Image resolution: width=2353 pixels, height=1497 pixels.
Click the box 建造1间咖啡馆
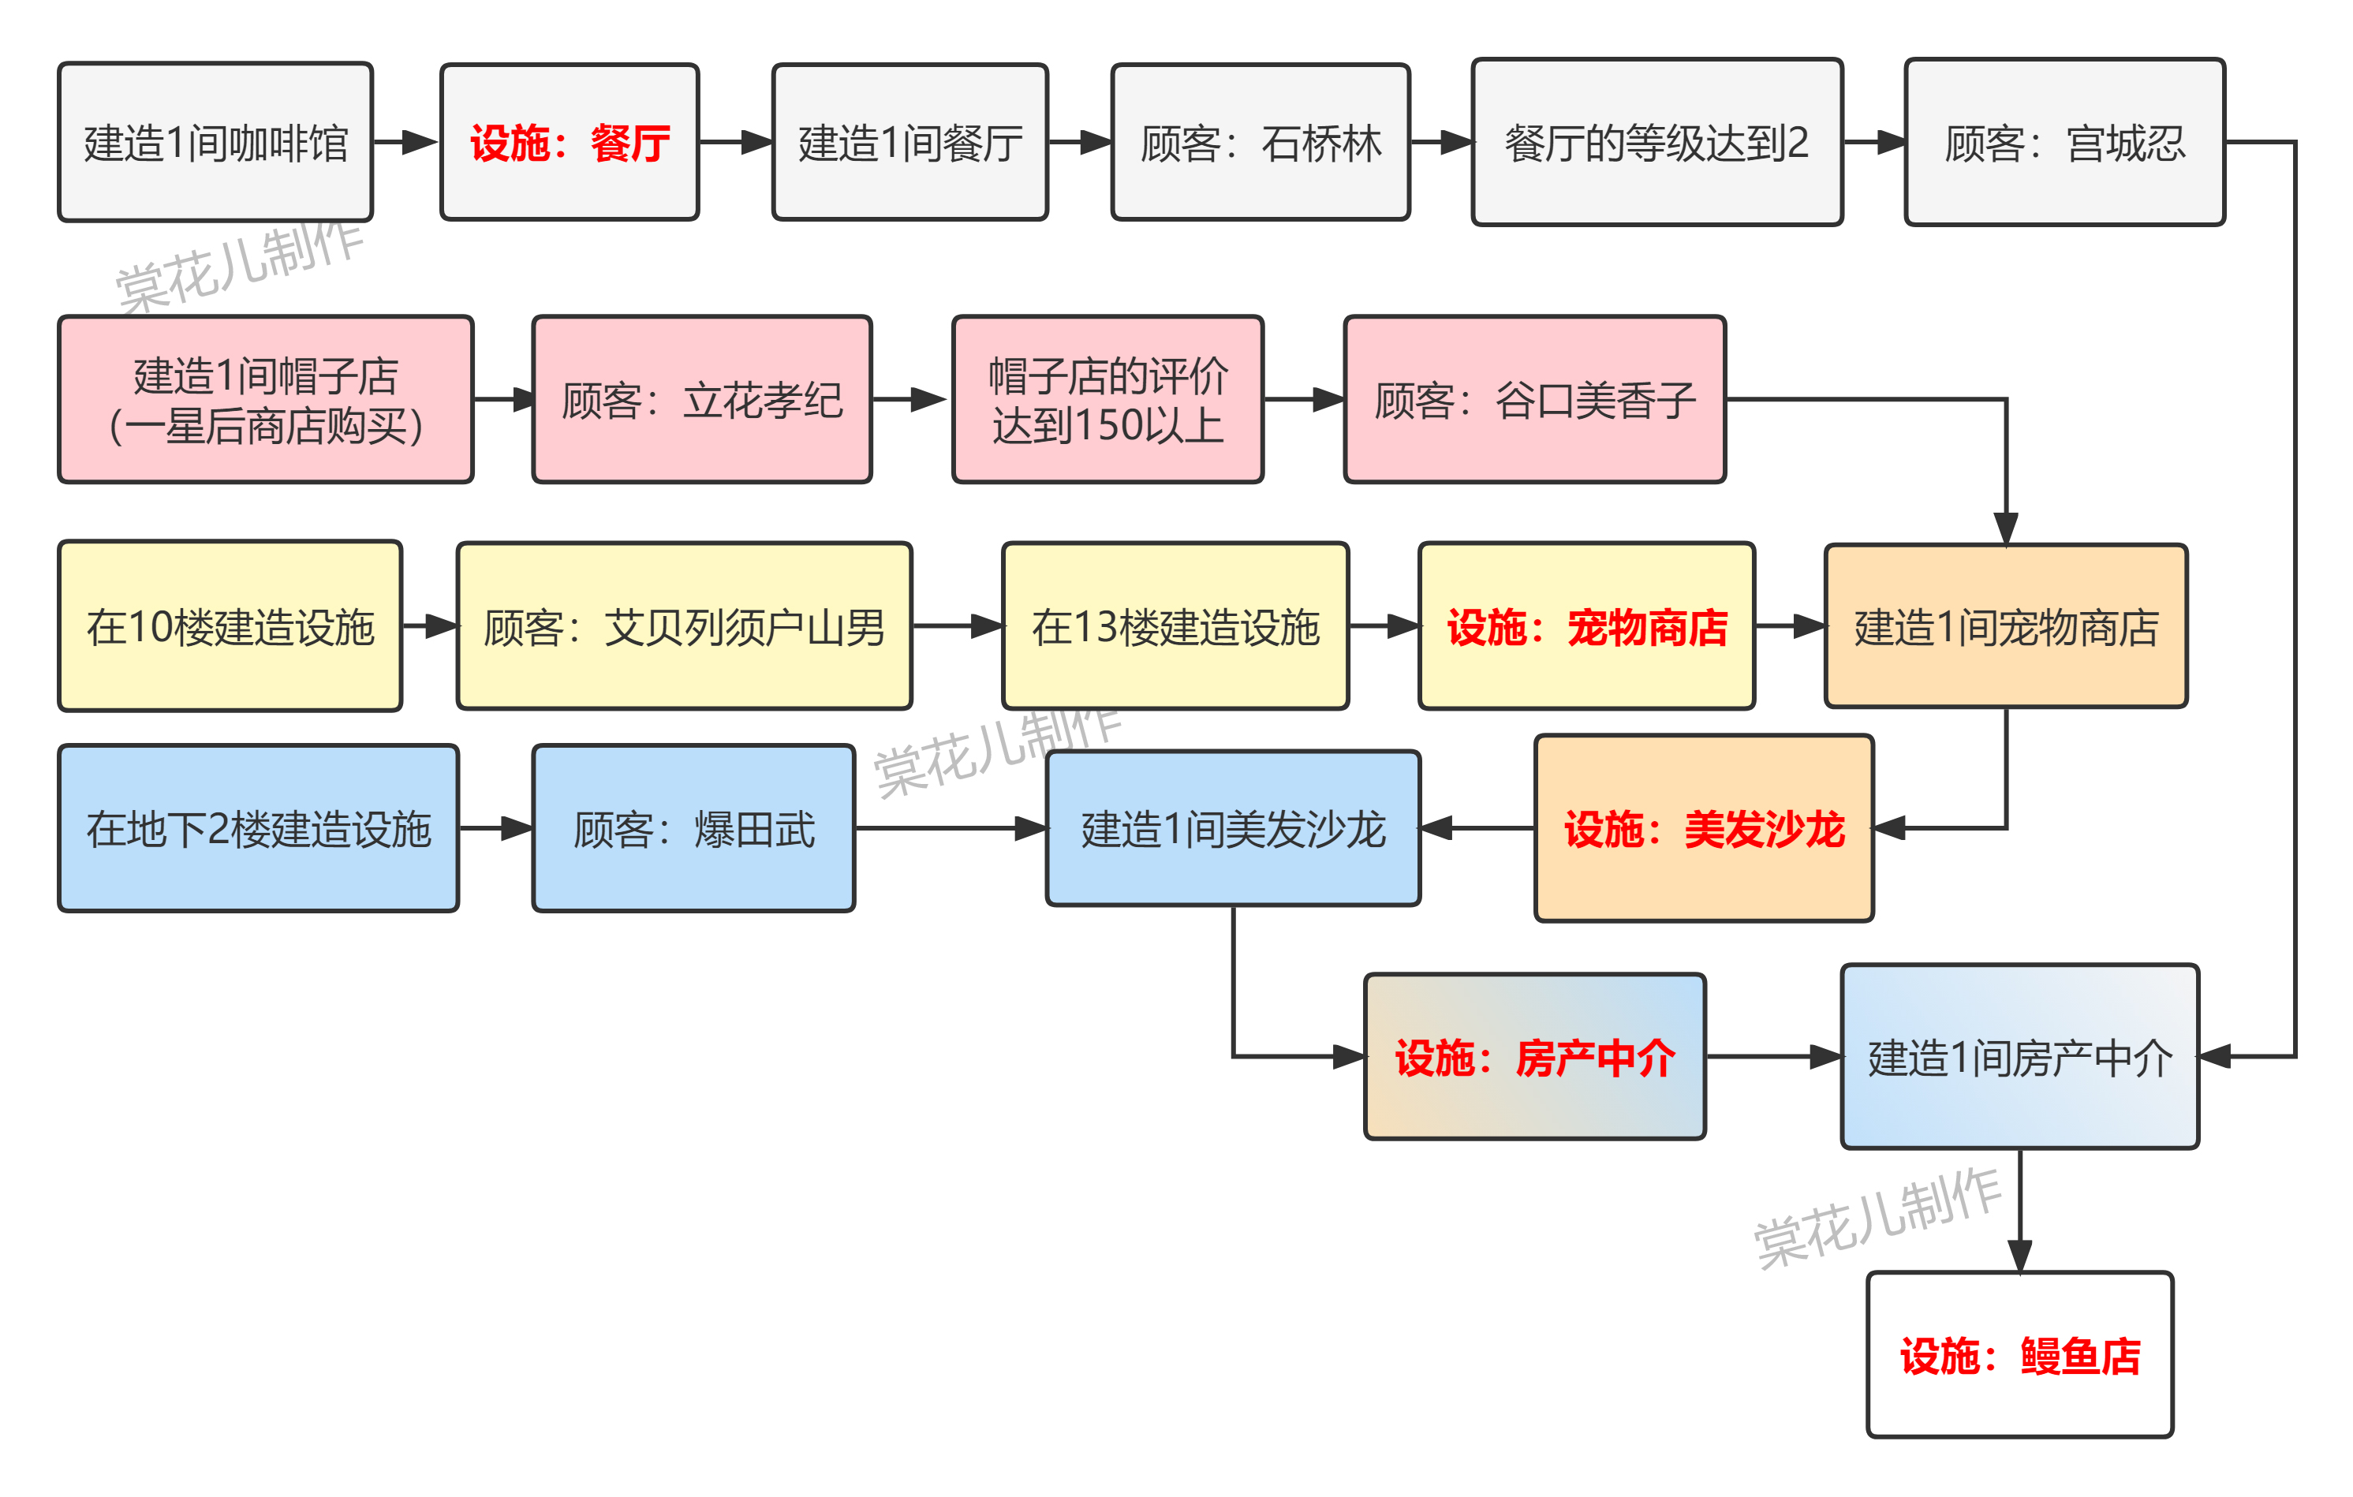coord(215,143)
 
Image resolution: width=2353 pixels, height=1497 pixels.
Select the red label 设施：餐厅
coord(570,143)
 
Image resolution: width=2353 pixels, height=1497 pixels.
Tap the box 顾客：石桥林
coord(1261,143)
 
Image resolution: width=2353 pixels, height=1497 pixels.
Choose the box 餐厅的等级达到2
coord(1657,143)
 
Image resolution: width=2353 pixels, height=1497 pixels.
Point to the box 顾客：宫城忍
coord(2065,143)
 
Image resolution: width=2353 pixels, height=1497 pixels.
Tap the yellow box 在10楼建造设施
coord(230,626)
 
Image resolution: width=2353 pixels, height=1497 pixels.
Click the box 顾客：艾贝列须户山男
coord(684,626)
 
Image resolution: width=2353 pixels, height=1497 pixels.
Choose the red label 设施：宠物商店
coord(1587,626)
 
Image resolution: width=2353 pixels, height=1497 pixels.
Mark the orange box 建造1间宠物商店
coord(2006,626)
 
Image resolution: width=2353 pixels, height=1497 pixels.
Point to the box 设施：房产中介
coord(1535,1056)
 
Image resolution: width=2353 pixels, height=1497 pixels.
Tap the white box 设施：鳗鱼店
coord(2020,1355)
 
